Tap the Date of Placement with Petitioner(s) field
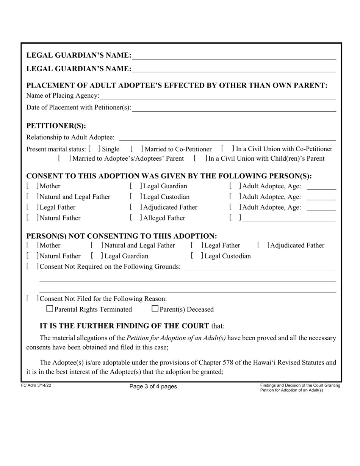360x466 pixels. click(x=234, y=108)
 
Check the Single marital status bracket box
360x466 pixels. click(x=94, y=149)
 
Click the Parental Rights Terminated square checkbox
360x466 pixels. click(x=50, y=309)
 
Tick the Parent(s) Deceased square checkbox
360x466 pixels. click(x=155, y=309)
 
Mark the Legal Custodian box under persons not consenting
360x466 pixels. click(x=196, y=256)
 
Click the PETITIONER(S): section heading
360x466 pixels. click(x=56, y=126)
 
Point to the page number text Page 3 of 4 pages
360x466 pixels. click(x=153, y=387)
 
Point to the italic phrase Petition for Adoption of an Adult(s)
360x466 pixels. click(x=176, y=338)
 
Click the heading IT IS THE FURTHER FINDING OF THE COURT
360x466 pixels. click(x=124, y=326)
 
